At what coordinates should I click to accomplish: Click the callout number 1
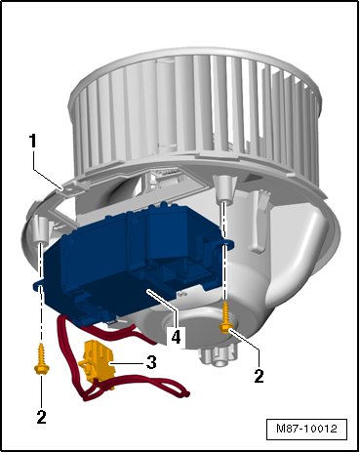pos(33,143)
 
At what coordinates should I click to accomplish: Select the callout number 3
pos(151,362)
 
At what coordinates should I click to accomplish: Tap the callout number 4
pos(176,337)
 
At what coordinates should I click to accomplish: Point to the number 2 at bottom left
pos(41,416)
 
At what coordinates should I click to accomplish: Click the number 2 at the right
pos(259,376)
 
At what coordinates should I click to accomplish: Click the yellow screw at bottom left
pos(41,359)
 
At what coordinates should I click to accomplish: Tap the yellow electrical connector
pos(97,362)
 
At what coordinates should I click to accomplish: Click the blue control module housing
pos(130,261)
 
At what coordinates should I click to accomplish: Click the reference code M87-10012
pos(306,429)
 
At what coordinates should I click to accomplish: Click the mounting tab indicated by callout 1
pos(72,188)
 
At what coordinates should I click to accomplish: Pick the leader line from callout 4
pos(162,309)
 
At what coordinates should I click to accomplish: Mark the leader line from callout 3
pos(127,362)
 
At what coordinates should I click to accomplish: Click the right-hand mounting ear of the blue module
pos(228,243)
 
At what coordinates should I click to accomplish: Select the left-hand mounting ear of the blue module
pos(38,285)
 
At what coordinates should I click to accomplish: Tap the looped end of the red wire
pos(183,393)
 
